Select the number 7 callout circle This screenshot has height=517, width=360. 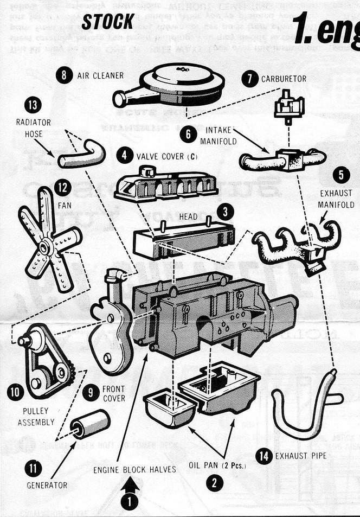[x=249, y=78]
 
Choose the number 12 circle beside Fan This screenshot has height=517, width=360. [x=63, y=188]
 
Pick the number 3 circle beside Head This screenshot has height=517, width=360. [x=224, y=211]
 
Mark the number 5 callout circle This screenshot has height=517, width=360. [x=341, y=175]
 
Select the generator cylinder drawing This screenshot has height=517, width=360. [x=90, y=424]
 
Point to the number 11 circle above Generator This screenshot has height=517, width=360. [x=34, y=467]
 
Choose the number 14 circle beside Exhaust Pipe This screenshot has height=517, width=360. [x=265, y=456]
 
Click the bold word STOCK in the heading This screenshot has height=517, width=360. [x=108, y=21]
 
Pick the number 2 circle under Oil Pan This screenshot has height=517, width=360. [x=216, y=482]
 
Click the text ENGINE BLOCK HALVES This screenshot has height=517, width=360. [x=134, y=469]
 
